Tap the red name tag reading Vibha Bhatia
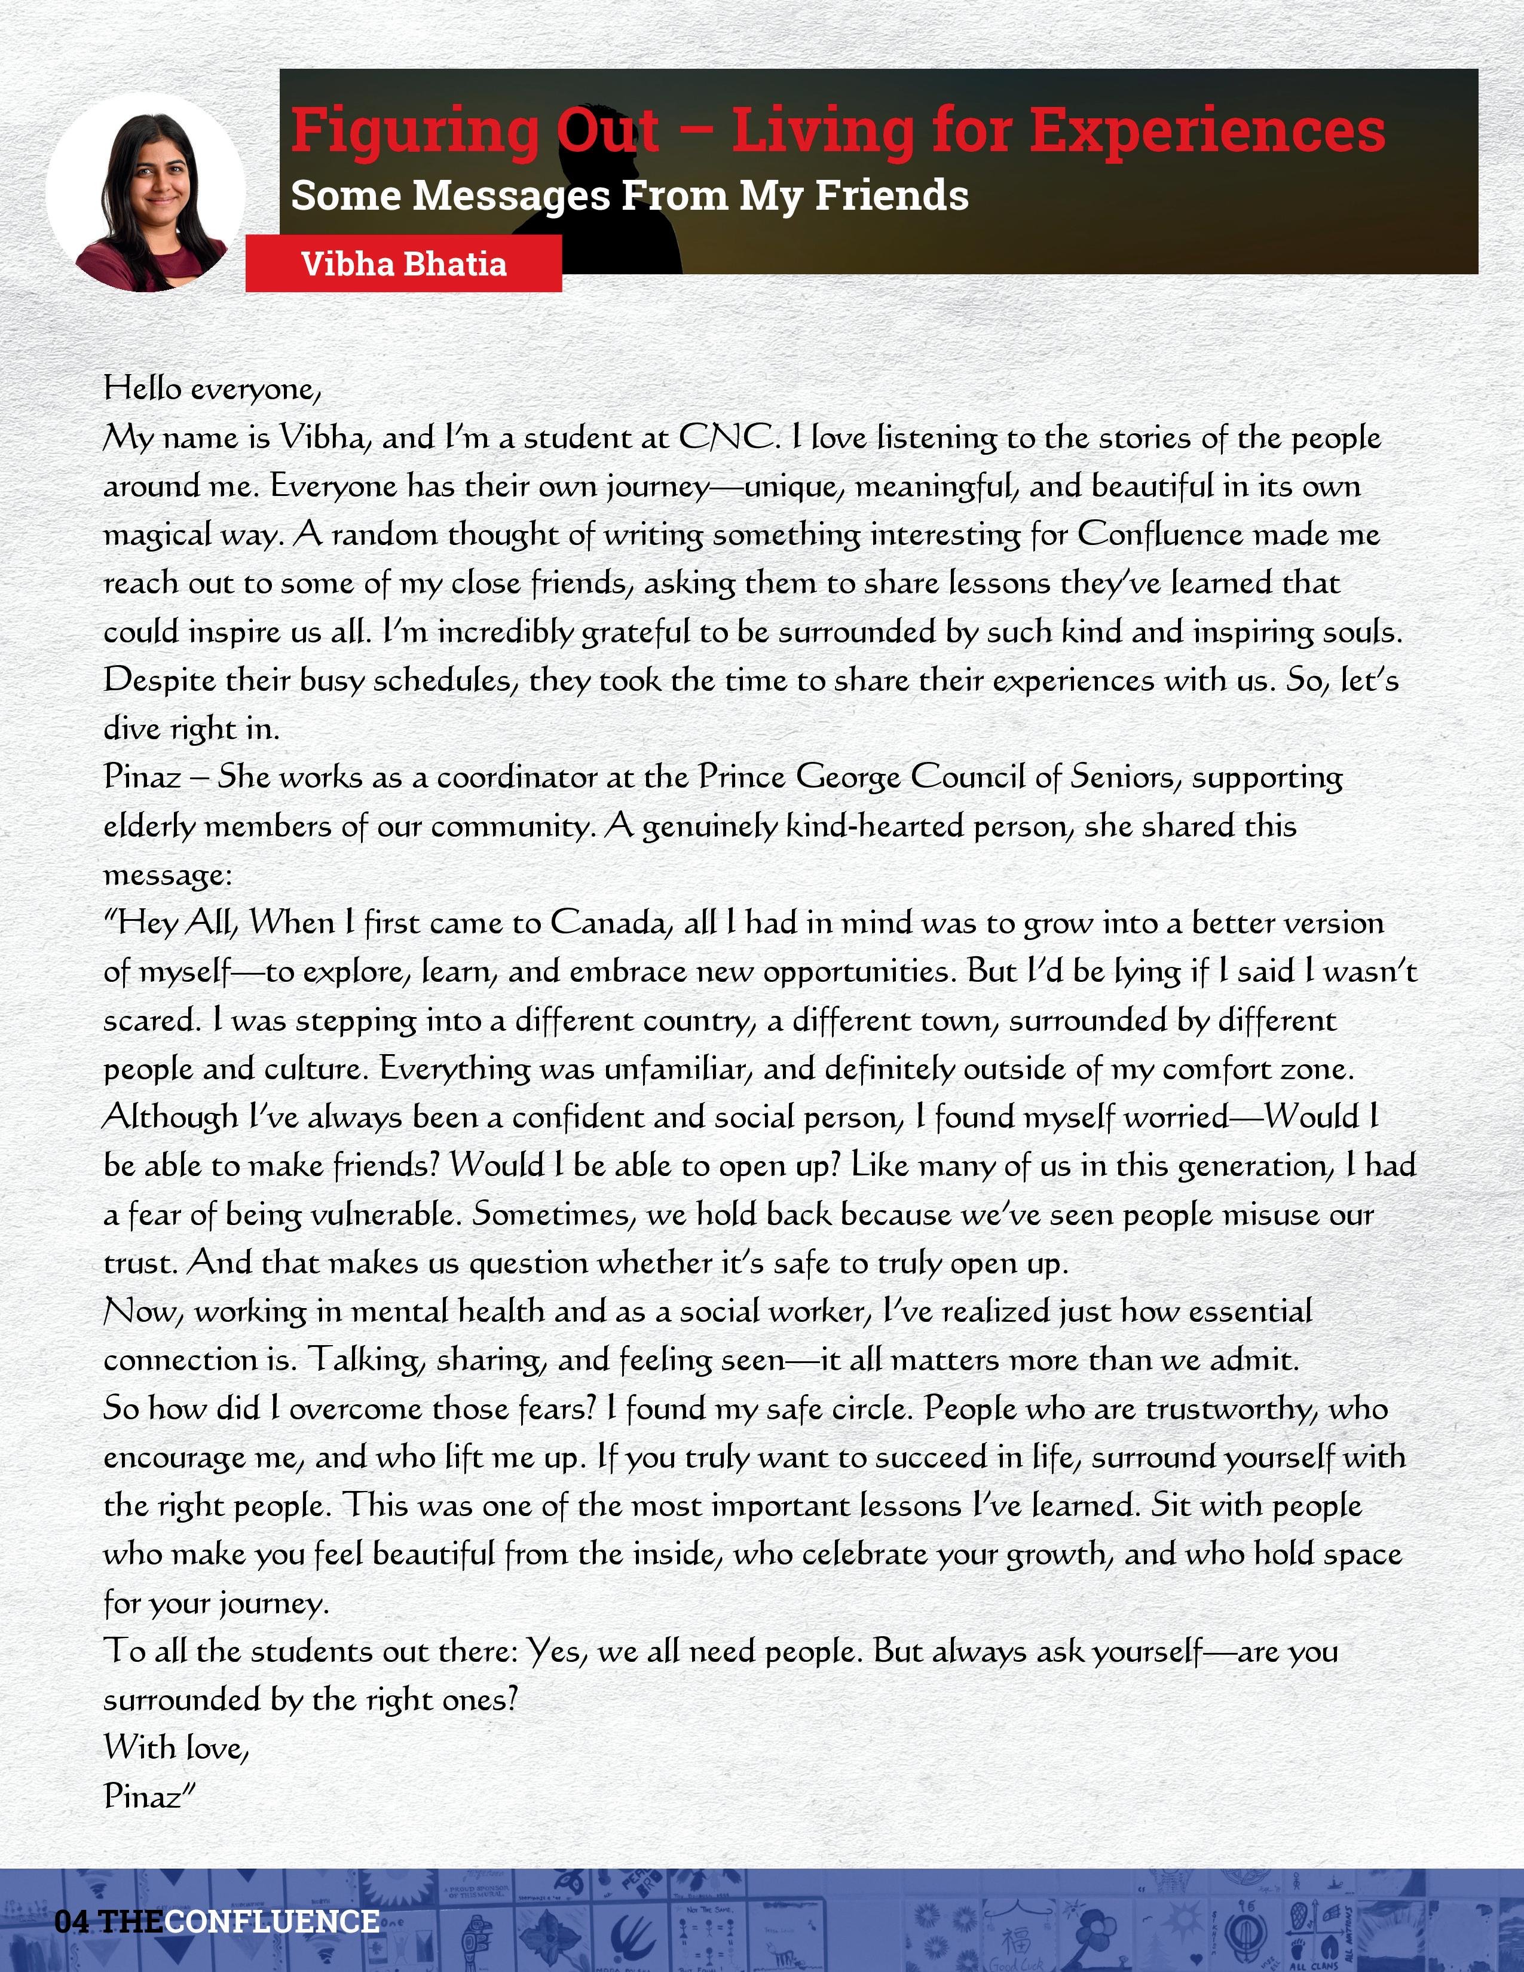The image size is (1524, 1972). [x=403, y=264]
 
